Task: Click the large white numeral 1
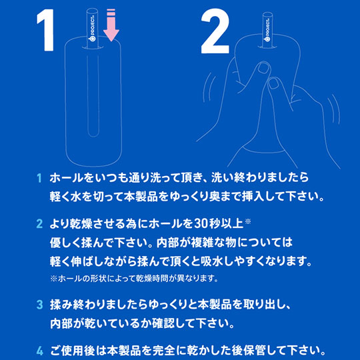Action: click(x=46, y=30)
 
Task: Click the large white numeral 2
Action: click(x=215, y=31)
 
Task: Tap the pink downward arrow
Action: click(x=111, y=25)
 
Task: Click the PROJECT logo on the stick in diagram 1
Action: click(x=93, y=31)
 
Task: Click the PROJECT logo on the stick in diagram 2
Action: click(x=268, y=30)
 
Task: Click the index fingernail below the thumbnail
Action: click(x=274, y=83)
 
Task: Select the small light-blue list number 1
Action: click(x=39, y=178)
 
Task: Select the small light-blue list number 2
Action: click(x=39, y=224)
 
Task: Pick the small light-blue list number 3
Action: click(x=39, y=305)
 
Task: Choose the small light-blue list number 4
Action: click(x=39, y=351)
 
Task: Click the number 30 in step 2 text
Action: click(x=201, y=224)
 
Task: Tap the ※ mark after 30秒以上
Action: click(x=248, y=221)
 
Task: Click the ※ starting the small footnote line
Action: click(x=53, y=279)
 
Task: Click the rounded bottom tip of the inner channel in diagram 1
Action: click(x=93, y=135)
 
